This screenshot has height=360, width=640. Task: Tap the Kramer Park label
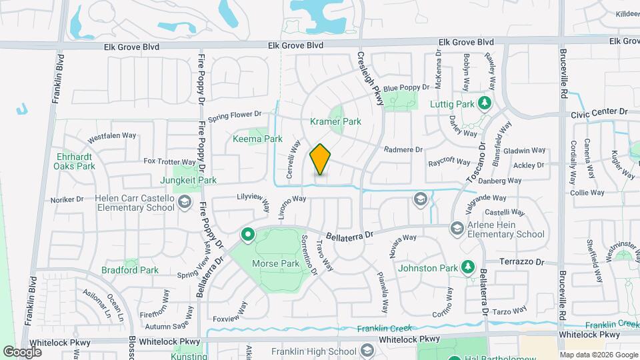pyautogui.click(x=335, y=122)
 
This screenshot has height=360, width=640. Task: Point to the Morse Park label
pyautogui.click(x=275, y=263)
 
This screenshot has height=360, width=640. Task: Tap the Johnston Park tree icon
pyautogui.click(x=468, y=267)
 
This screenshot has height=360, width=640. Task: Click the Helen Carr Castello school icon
pyautogui.click(x=185, y=201)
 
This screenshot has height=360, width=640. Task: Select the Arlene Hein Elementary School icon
pyautogui.click(x=457, y=229)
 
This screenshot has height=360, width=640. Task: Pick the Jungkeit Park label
pyautogui.click(x=188, y=180)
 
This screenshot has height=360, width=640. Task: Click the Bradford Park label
pyautogui.click(x=130, y=270)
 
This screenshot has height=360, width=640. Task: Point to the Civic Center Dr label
pyautogui.click(x=600, y=114)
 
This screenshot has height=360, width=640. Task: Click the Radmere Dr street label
pyautogui.click(x=404, y=149)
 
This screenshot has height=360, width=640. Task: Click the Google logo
pyautogui.click(x=23, y=351)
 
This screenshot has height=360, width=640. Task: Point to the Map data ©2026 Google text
pyautogui.click(x=599, y=354)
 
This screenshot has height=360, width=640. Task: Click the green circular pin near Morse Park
pyautogui.click(x=249, y=235)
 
